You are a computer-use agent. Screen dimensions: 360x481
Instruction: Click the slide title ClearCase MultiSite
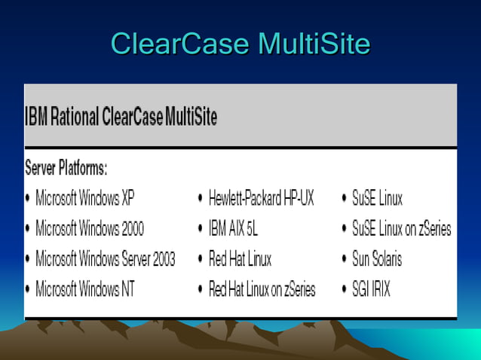(x=240, y=44)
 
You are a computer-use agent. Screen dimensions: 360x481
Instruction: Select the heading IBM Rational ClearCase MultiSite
(x=121, y=117)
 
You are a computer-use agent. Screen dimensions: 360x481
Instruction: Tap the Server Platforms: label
(x=66, y=167)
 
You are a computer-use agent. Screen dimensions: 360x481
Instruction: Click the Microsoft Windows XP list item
(x=87, y=199)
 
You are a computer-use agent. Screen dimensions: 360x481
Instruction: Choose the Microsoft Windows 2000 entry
(x=90, y=228)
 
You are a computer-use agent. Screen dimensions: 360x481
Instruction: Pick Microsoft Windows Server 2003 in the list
(x=105, y=259)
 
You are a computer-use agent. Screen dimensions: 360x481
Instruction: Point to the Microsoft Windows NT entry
(x=85, y=288)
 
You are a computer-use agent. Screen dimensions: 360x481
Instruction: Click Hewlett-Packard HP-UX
(x=261, y=199)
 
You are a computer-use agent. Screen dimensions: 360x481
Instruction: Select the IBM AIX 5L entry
(x=233, y=228)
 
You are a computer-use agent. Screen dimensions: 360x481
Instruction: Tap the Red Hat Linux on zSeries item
(x=262, y=288)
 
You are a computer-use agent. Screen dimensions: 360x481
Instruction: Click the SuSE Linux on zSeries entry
(x=401, y=228)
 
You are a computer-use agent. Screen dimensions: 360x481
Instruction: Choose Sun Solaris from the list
(x=377, y=259)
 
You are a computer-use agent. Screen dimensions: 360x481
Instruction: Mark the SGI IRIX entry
(x=371, y=288)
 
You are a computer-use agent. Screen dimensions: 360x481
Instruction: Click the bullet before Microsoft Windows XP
(x=28, y=200)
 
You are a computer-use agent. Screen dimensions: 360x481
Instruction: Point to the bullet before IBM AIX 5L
(x=201, y=229)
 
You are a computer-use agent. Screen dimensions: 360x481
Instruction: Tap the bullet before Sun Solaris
(x=345, y=260)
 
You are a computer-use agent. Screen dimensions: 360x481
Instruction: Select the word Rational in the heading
(x=78, y=117)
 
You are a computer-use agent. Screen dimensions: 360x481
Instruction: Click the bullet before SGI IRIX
(x=345, y=289)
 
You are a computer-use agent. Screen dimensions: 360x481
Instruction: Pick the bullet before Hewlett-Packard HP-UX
(x=201, y=200)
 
